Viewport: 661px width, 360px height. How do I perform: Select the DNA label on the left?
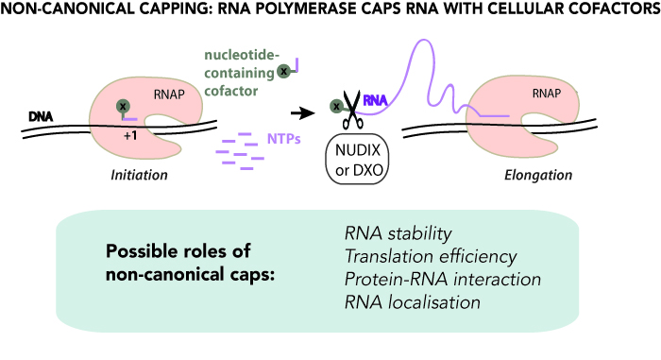pyautogui.click(x=41, y=115)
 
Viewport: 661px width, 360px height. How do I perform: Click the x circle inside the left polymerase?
pyautogui.click(x=122, y=106)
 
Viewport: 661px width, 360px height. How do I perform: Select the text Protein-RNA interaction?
pyautogui.click(x=441, y=281)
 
